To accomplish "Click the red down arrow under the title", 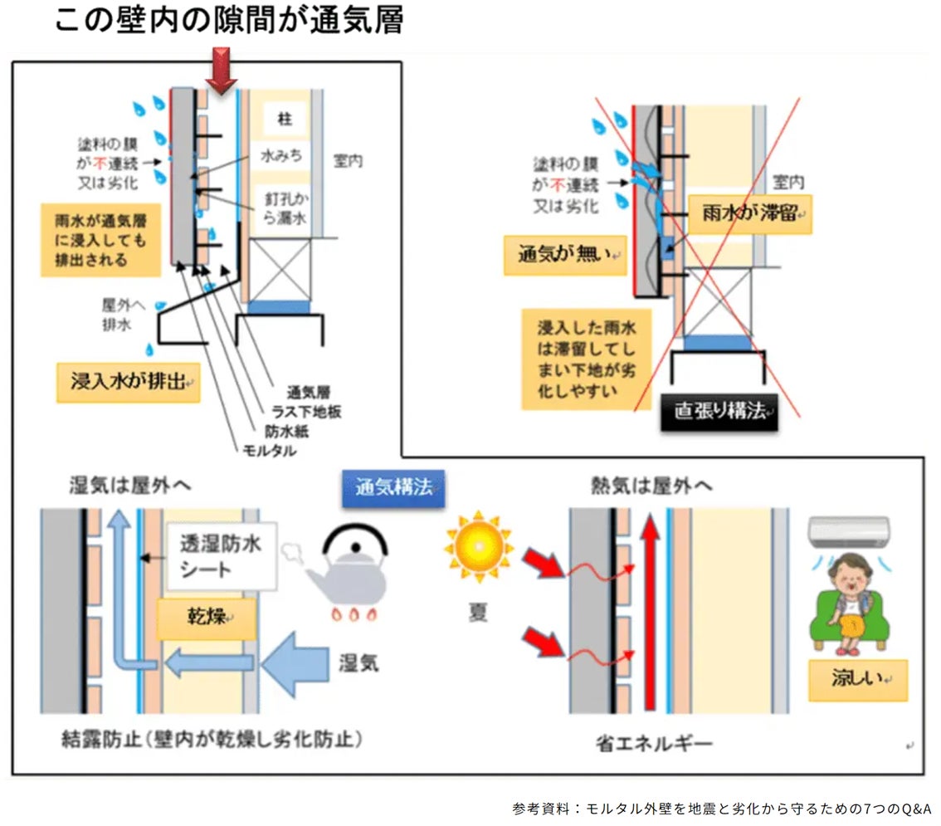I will point(221,69).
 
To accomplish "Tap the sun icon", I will point(479,547).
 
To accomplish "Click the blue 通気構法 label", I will point(393,488).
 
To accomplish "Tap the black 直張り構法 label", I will point(719,412).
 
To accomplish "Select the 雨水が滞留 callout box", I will point(749,213).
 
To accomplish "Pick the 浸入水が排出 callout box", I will point(129,383).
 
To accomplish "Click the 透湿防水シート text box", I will point(222,556).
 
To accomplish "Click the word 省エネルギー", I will point(654,741).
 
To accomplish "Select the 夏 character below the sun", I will point(478,614).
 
